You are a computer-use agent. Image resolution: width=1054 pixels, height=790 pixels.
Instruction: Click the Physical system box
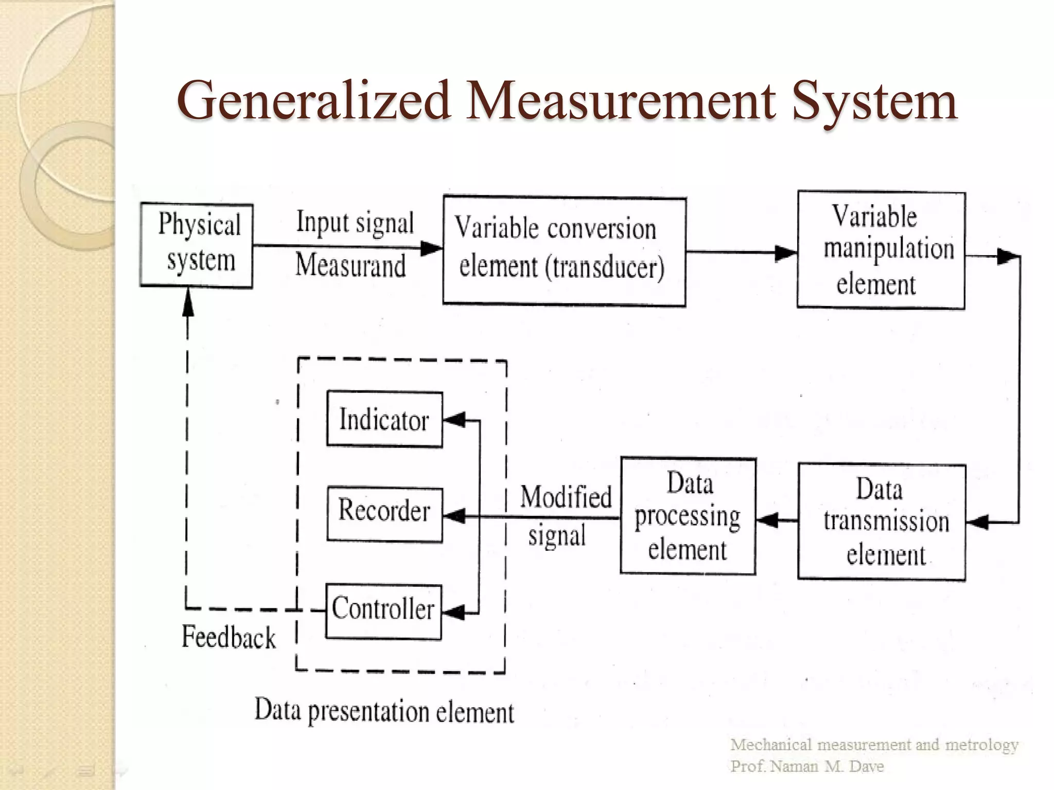tap(197, 245)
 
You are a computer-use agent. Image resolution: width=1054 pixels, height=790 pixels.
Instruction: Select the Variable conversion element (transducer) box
tap(564, 251)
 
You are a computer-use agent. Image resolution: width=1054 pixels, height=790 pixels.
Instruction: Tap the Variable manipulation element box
tap(881, 250)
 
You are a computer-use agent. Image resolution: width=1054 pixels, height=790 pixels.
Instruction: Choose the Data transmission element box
tap(882, 522)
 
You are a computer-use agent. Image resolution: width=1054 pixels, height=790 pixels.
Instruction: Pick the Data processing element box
tap(688, 516)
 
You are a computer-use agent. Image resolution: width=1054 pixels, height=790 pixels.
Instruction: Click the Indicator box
tap(384, 420)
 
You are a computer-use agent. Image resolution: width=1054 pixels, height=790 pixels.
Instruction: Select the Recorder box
tap(384, 514)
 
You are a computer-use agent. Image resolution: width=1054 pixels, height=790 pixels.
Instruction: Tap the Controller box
tap(384, 612)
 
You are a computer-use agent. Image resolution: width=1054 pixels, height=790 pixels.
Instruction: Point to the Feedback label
tap(229, 637)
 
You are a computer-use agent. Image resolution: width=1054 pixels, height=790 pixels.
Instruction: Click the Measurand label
tap(351, 266)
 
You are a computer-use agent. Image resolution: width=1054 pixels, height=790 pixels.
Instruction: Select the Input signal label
tap(355, 223)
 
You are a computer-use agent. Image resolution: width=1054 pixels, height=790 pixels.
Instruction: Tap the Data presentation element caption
tap(384, 711)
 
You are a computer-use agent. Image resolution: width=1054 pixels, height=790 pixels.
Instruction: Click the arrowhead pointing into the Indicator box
tap(454, 420)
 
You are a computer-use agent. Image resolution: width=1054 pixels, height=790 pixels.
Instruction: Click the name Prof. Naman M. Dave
tap(806, 766)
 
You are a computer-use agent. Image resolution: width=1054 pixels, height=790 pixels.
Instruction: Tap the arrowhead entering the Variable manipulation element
tap(786, 253)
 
